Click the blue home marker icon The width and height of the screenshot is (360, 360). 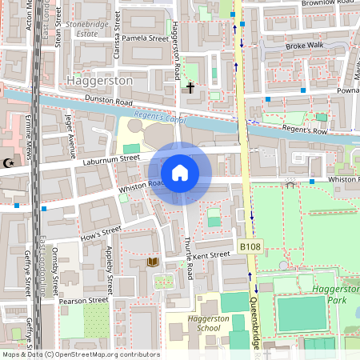click(x=180, y=173)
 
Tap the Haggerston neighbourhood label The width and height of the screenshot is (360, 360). click(x=101, y=82)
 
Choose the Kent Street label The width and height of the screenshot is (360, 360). click(x=211, y=255)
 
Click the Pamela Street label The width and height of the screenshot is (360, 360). click(x=145, y=38)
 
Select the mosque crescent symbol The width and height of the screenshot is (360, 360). click(x=9, y=163)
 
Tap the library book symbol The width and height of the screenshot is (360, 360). click(x=152, y=262)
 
